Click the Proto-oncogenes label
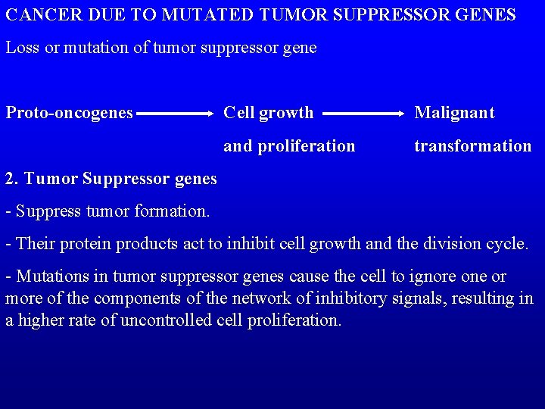pos(70,113)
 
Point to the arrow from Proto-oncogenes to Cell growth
pos(176,114)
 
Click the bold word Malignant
pos(454,113)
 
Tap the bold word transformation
pos(473,145)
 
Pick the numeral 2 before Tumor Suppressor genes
pos(10,180)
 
